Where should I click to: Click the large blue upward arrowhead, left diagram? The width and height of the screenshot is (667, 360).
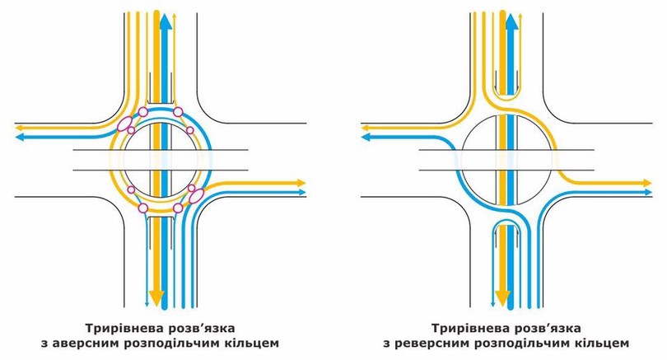click(x=166, y=23)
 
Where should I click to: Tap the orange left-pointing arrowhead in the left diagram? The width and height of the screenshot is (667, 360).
click(x=20, y=127)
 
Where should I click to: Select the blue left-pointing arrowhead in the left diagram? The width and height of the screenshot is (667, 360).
click(x=20, y=137)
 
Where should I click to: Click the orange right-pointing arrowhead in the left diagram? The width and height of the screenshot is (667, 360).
click(x=301, y=183)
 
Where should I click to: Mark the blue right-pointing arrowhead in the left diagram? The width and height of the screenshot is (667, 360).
click(x=301, y=192)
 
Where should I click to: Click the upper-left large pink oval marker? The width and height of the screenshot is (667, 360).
click(x=124, y=124)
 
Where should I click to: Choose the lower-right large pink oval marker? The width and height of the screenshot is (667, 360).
click(x=196, y=195)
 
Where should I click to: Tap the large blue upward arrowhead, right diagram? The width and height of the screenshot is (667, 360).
click(x=512, y=23)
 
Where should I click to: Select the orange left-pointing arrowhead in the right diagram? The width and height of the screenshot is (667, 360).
click(x=366, y=127)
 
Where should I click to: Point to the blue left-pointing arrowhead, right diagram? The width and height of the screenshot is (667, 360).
click(x=366, y=137)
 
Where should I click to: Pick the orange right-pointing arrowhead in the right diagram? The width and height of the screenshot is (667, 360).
click(x=646, y=183)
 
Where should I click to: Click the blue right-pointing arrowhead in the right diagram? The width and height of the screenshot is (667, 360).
click(x=647, y=192)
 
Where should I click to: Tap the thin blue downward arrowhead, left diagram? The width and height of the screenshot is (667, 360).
click(x=147, y=302)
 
